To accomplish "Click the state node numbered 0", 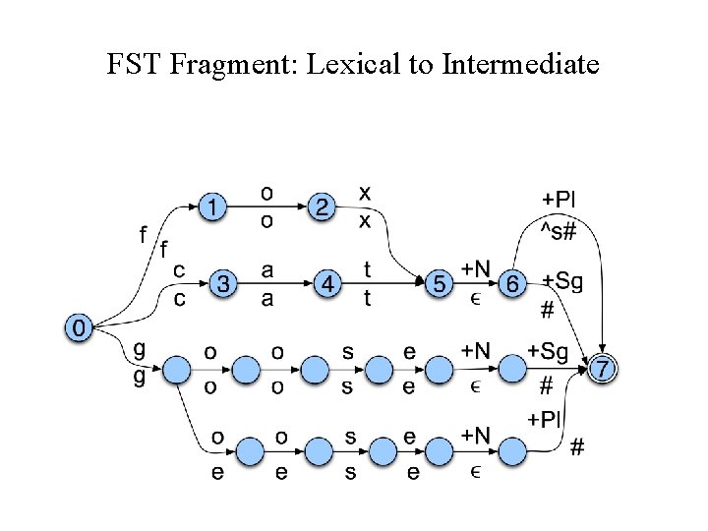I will coord(79,325).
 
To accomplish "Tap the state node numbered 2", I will coord(321,207).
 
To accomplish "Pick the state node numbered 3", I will coord(224,284).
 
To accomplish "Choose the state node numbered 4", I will coord(329,284).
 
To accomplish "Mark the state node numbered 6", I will coord(511,284).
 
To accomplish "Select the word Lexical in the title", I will coord(346,66).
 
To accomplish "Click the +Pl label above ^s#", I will coord(560,199).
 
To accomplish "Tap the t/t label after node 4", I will coord(368,283).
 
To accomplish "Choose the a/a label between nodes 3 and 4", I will coord(267,283).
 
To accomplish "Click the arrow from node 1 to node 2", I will coord(266,207).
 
